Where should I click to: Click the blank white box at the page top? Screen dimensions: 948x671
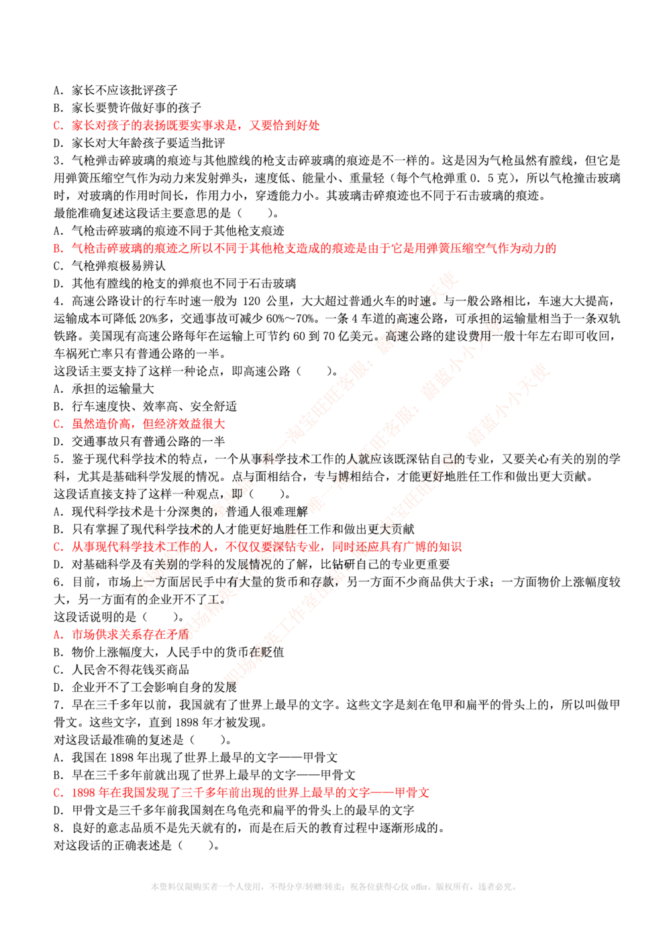coord(329,48)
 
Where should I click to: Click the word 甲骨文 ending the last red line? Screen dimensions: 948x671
coord(415,792)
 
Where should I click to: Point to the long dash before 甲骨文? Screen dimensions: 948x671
coord(386,792)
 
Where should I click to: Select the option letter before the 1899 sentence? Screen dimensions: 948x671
coord(58,792)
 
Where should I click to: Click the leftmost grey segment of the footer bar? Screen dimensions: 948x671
coord(185,889)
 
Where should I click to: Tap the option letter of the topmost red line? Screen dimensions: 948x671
coord(58,125)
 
